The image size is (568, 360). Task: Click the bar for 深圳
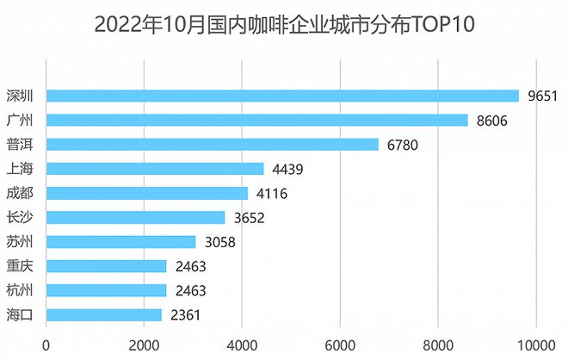click(x=282, y=96)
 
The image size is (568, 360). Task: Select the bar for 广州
click(x=256, y=120)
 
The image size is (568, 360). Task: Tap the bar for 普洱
click(x=212, y=144)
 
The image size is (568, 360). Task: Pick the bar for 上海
click(x=155, y=169)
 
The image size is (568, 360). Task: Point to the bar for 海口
click(x=104, y=315)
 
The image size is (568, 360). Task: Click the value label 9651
click(x=544, y=96)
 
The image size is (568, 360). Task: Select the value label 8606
click(x=492, y=120)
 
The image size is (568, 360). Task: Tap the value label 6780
click(x=403, y=144)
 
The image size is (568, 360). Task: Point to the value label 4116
click(x=272, y=193)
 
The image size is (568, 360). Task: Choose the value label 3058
click(x=220, y=242)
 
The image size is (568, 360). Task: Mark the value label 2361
click(x=186, y=315)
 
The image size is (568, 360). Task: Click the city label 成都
click(x=19, y=193)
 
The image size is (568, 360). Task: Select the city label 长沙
click(x=19, y=218)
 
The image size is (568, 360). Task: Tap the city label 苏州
click(x=19, y=242)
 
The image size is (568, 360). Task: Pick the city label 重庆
click(x=19, y=266)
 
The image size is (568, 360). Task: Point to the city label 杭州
click(x=19, y=290)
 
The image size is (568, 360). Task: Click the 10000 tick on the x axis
click(x=536, y=344)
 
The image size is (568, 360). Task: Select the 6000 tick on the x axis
click(x=340, y=344)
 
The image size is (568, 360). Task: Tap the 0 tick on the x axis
click(x=46, y=344)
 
